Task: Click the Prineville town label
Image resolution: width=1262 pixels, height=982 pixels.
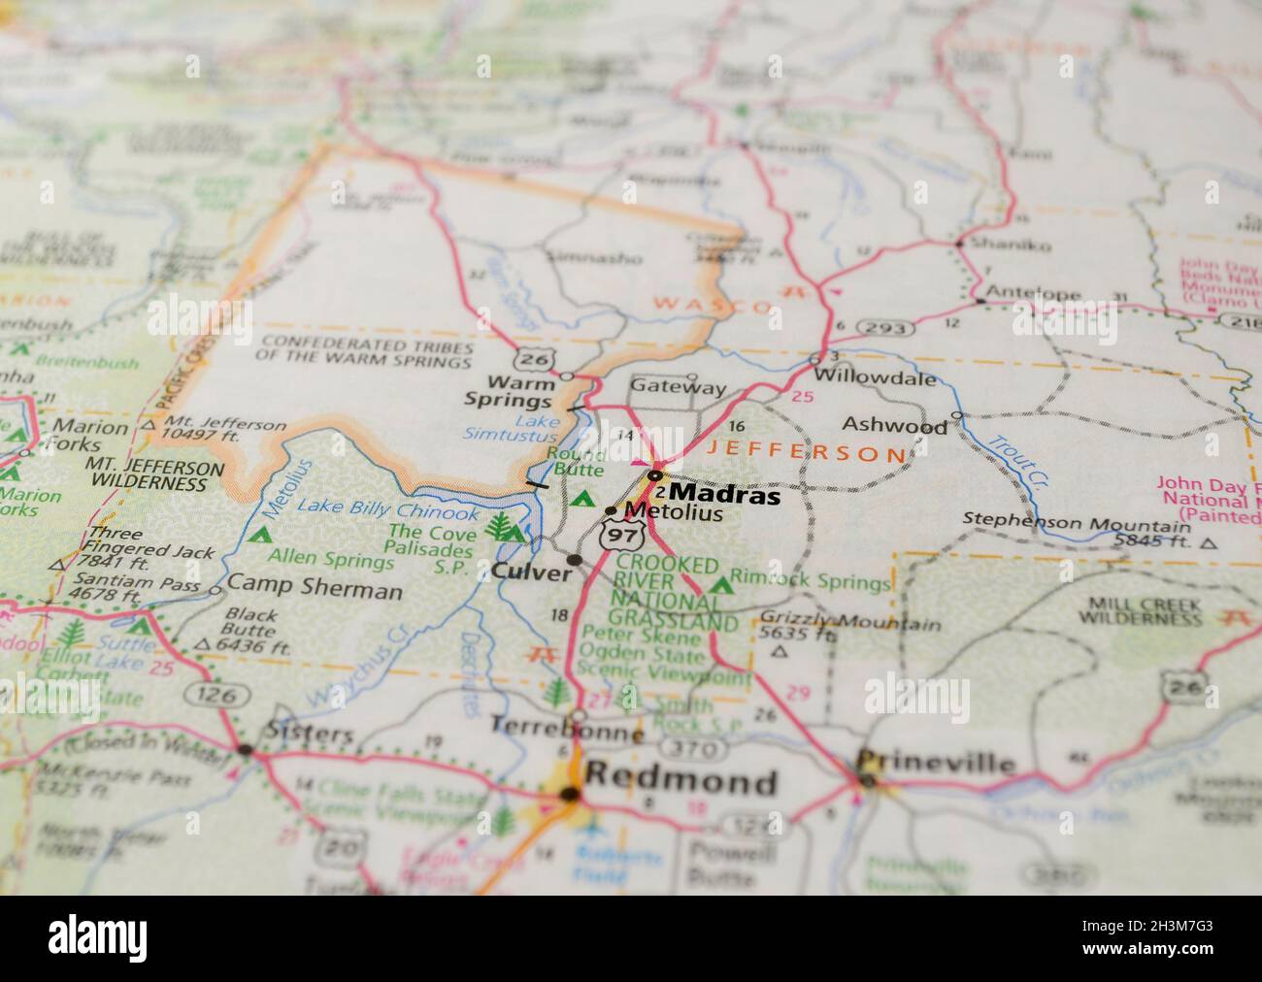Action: [936, 763]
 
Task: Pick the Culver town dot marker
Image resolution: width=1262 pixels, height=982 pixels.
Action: [575, 560]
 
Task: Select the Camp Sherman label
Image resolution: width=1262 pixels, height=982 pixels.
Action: [315, 590]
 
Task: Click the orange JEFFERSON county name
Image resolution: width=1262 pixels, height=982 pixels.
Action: [805, 452]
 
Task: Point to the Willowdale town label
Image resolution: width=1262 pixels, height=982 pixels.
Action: [875, 377]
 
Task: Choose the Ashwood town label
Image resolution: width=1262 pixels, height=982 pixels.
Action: [894, 425]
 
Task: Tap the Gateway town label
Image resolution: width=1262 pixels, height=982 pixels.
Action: [678, 387]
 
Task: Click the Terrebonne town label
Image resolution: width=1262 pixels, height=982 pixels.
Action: [567, 727]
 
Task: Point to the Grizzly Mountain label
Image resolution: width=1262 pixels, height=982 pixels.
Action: [849, 622]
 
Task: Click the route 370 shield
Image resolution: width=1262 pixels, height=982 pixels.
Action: [693, 749]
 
